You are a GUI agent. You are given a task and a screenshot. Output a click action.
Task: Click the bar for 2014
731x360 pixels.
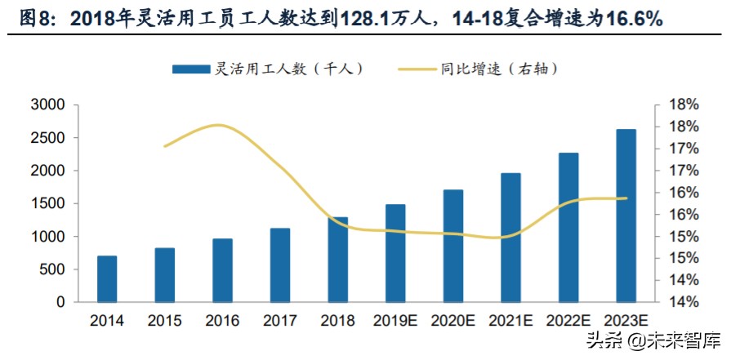point(107,278)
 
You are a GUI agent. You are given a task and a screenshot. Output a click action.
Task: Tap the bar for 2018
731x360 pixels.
point(338,260)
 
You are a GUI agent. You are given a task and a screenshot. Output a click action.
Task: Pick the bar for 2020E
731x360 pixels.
point(453,246)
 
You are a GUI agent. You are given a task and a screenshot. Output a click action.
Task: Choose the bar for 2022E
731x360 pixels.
point(568,227)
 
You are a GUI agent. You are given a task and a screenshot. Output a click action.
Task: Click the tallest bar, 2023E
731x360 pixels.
point(626,216)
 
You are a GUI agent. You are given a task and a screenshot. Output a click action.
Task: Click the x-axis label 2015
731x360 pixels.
point(165,321)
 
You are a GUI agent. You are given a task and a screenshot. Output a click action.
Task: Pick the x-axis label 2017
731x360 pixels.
point(280,321)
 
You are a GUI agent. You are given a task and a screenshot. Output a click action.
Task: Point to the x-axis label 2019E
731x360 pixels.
point(395,321)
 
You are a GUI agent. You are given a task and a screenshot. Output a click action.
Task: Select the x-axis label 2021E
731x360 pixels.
point(510,321)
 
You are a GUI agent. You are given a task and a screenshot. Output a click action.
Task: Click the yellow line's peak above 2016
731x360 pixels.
point(219,125)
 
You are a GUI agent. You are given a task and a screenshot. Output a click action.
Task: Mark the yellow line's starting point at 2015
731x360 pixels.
point(165,146)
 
